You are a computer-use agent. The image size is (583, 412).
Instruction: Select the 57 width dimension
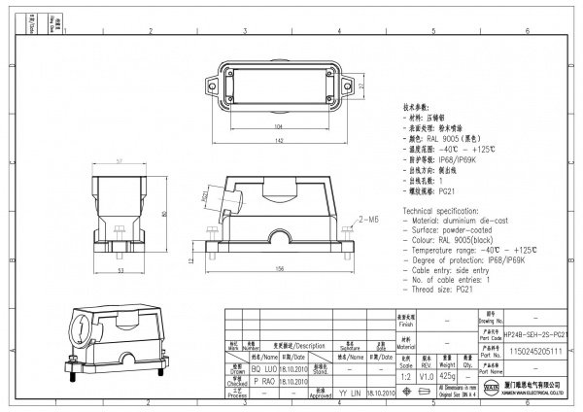[x=120, y=160]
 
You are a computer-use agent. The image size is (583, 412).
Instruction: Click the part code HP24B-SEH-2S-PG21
[x=536, y=333]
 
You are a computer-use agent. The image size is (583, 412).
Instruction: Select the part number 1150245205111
[x=536, y=352]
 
